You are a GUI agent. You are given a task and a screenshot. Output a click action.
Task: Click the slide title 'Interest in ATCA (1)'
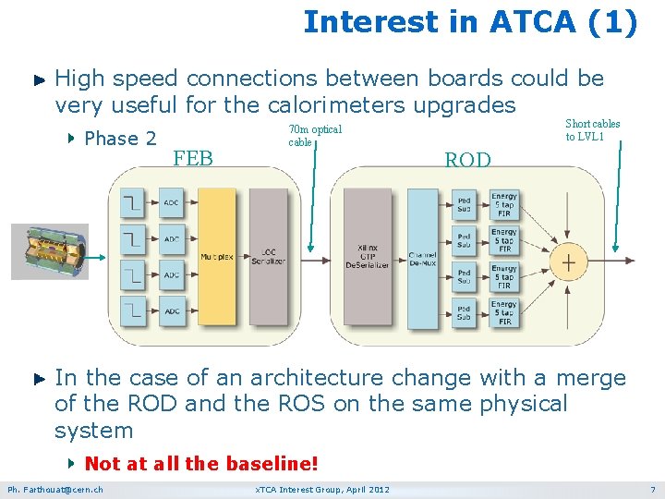[x=470, y=21]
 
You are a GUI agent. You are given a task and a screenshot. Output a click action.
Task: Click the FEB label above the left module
[x=193, y=158]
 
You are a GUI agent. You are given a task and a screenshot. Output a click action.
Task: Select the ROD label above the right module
[x=467, y=160]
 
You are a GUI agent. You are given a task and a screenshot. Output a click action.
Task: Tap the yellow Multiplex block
[x=217, y=257]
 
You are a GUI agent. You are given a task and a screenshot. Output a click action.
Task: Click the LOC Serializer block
[x=269, y=257]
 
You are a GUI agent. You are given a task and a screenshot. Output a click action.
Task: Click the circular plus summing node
[x=568, y=262]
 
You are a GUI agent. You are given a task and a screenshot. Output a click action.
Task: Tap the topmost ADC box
[x=172, y=202]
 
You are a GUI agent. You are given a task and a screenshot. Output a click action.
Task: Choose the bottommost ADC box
[x=172, y=310]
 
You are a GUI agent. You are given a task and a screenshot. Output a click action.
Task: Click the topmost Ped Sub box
[x=464, y=203]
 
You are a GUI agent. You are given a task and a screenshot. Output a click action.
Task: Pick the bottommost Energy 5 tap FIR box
[x=504, y=312]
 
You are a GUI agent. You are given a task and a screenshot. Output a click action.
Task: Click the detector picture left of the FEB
[x=50, y=250]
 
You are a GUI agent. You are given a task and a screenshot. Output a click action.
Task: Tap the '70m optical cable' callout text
[x=314, y=136]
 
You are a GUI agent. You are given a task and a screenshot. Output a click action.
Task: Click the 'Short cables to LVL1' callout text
[x=592, y=129]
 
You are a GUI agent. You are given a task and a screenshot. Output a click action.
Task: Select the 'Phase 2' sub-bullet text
[x=119, y=139]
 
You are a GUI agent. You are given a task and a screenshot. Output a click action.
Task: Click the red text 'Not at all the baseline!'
[x=200, y=462]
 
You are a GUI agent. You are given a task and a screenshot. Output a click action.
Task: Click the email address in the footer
[x=55, y=489]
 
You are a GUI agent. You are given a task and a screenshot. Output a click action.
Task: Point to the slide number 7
[x=652, y=489]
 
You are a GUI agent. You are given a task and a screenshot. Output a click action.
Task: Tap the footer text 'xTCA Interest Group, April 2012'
[x=321, y=489]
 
